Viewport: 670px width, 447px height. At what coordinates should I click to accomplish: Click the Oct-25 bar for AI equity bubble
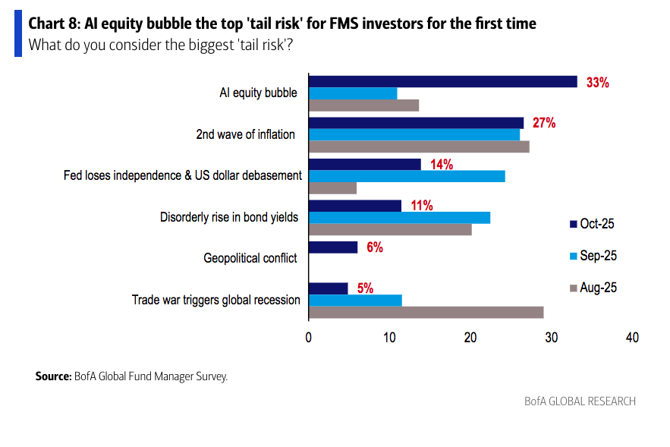442,82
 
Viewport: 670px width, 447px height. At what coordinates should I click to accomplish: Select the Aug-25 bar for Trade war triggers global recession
426,312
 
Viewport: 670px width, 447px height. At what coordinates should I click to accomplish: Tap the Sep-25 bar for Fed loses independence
407,176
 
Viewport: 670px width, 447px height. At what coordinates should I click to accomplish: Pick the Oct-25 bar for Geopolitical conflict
333,247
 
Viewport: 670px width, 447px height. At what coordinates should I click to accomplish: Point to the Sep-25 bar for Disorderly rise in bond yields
399,218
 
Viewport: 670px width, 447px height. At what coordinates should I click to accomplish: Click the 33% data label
598,83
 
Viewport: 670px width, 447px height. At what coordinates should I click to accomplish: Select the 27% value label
544,123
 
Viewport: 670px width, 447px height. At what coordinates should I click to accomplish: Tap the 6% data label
374,247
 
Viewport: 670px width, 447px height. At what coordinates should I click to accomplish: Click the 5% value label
365,288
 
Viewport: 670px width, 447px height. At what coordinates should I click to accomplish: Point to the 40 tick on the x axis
631,338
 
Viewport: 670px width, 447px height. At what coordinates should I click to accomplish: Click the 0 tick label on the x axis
309,338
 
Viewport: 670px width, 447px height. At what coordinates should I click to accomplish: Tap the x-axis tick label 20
470,338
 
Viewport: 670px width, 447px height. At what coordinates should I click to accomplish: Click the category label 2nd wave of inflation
245,135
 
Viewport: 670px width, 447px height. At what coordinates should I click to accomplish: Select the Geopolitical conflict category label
250,258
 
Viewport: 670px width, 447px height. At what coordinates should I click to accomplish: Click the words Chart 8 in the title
54,24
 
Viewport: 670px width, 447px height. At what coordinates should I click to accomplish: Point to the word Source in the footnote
52,376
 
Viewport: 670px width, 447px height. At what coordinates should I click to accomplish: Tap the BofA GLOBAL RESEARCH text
580,401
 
